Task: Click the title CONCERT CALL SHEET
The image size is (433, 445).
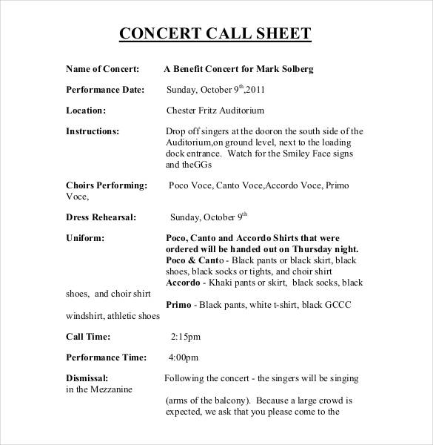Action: click(x=215, y=33)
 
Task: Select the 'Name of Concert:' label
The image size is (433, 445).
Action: click(x=103, y=69)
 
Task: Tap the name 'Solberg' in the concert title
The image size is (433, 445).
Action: click(x=295, y=69)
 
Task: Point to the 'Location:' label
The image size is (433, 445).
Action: click(x=86, y=111)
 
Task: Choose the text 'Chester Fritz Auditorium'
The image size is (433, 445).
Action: click(x=215, y=111)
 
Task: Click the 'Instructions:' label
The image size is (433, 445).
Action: click(x=93, y=131)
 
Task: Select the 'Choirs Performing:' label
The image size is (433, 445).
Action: click(x=107, y=185)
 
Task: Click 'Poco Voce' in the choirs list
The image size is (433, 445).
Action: click(x=190, y=185)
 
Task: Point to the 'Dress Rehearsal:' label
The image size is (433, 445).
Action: click(x=101, y=217)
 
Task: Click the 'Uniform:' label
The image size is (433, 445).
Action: click(x=85, y=238)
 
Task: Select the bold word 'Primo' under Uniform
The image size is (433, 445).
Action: click(x=179, y=305)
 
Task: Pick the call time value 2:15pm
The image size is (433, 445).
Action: click(x=185, y=336)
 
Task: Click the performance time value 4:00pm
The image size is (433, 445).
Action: click(x=185, y=357)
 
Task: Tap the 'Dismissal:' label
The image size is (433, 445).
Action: click(x=87, y=378)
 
